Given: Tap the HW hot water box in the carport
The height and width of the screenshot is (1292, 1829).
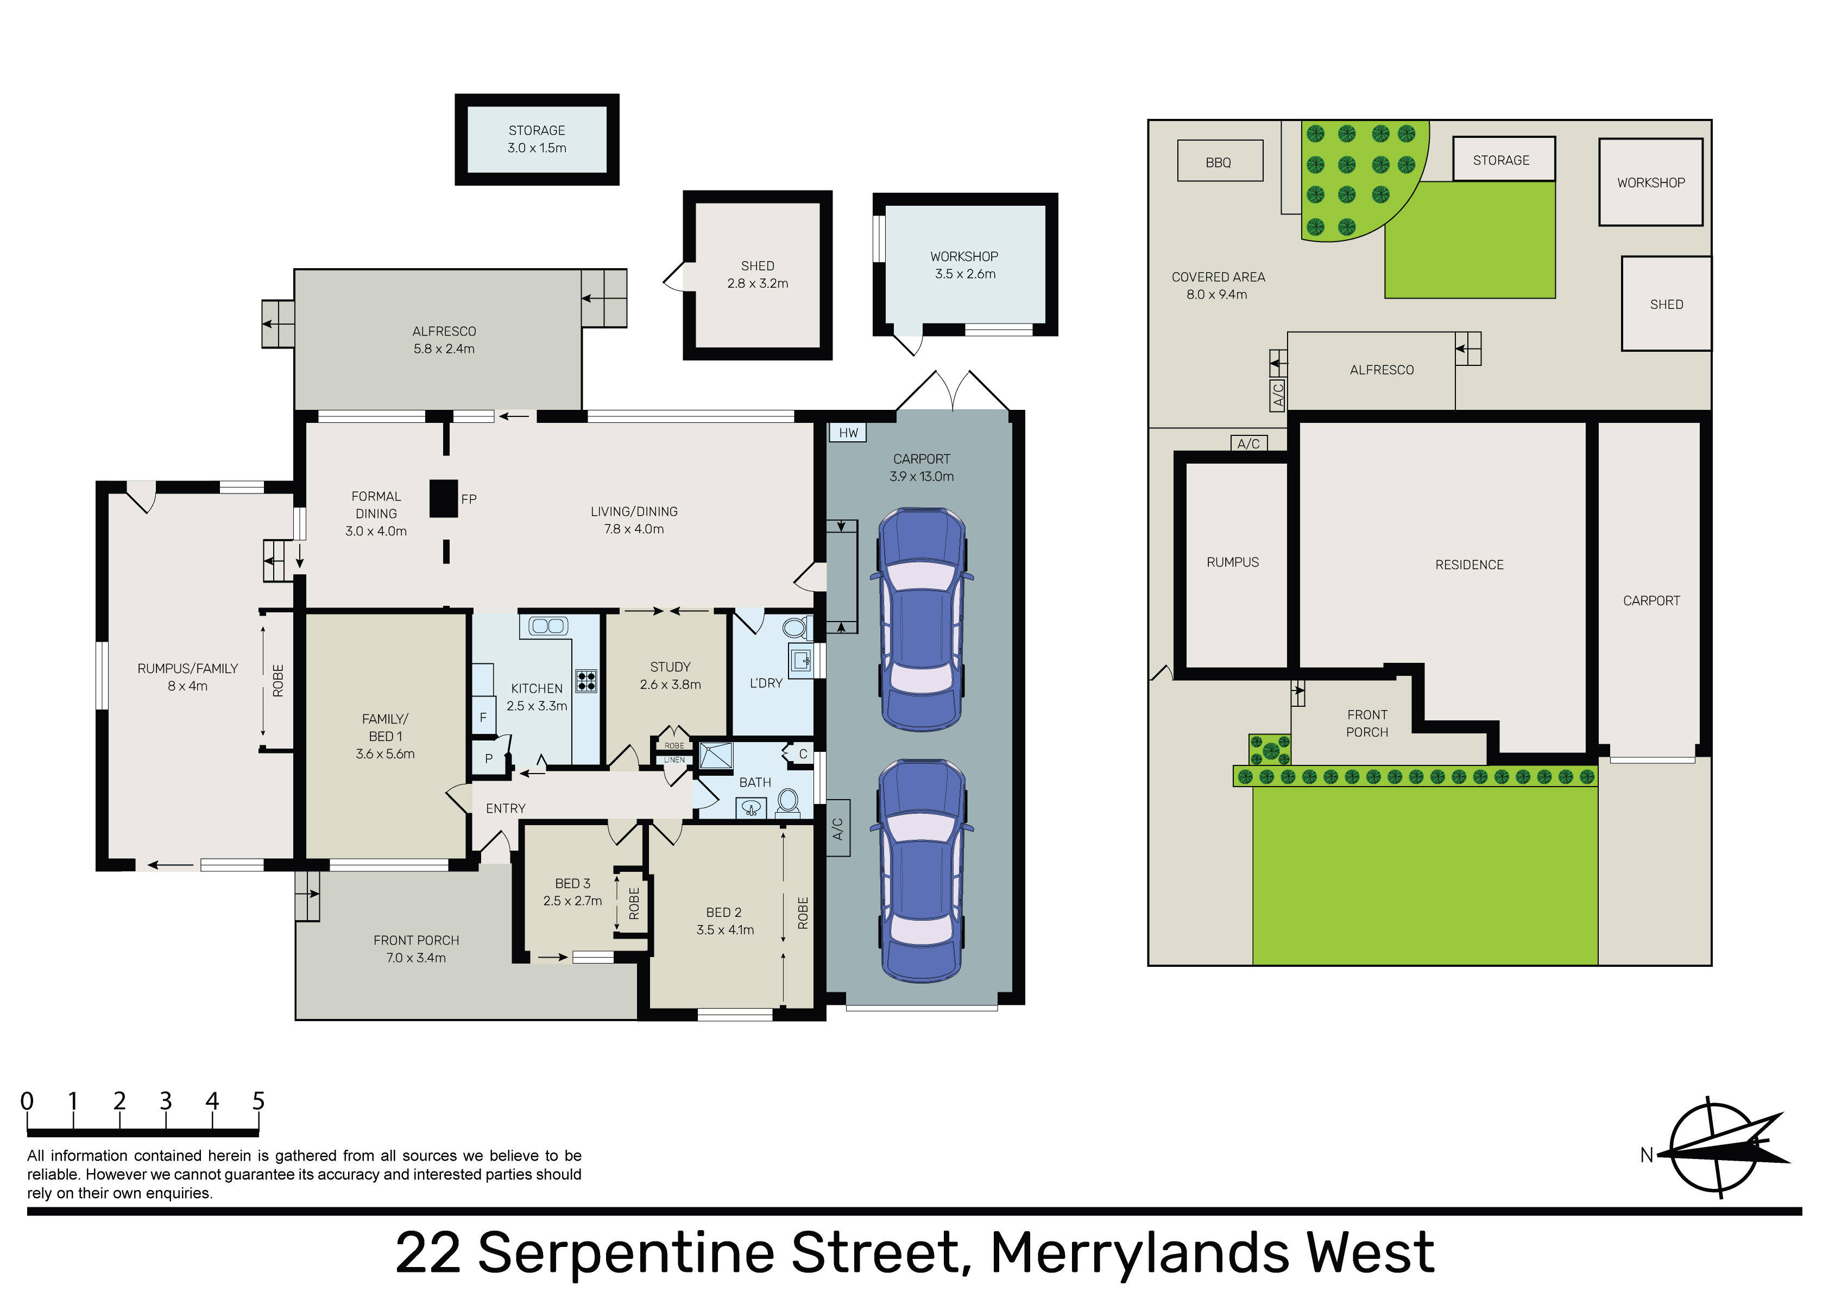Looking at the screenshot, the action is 848,433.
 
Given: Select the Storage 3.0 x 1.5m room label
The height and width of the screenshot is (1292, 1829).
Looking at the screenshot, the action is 537,138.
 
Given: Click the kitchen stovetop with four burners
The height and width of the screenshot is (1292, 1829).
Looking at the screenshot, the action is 586,680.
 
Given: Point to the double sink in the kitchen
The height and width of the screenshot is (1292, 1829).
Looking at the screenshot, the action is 548,626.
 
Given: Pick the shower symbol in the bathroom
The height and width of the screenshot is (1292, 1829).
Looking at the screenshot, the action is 715,755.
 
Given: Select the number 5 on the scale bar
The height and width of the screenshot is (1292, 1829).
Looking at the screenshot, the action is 258,1101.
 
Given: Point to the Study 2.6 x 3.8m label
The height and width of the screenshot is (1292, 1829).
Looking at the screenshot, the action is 670,675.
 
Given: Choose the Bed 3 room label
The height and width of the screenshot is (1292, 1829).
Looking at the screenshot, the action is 573,892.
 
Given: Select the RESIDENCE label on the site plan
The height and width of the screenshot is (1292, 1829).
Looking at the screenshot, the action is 1469,565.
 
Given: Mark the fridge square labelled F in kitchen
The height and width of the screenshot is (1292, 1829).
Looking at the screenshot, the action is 483,717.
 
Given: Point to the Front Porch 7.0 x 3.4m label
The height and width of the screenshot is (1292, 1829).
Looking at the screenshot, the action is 416,949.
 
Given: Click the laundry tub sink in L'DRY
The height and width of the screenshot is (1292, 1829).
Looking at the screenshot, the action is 800,660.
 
